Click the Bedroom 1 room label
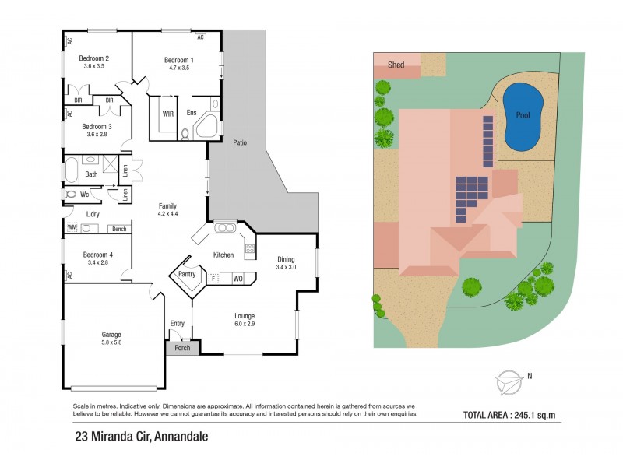coord(178,60)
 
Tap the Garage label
coord(111,335)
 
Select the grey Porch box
coord(181,348)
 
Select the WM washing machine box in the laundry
coord(72,228)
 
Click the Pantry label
coord(187,274)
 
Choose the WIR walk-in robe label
coord(168,114)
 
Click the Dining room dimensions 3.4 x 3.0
coord(287,267)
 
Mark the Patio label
coord(241,142)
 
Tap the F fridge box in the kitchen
coord(212,278)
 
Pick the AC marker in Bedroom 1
coord(200,37)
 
